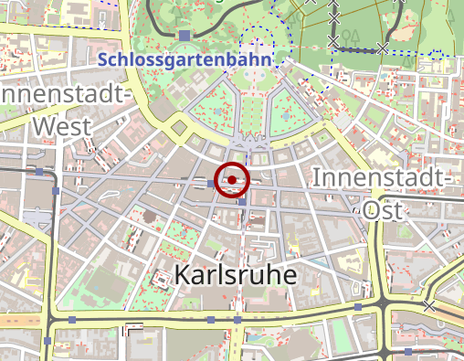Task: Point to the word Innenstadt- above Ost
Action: coord(383,177)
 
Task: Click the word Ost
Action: coord(384,208)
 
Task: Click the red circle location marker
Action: coord(232,179)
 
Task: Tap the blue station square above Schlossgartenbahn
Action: coord(185,36)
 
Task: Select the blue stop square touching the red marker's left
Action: coord(212,185)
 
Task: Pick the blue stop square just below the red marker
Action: coord(243,202)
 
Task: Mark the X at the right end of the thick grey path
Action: coord(384,47)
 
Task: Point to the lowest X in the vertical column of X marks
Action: coord(333,42)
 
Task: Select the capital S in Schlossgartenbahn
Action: coord(102,60)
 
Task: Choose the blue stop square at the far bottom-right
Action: coord(408,351)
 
